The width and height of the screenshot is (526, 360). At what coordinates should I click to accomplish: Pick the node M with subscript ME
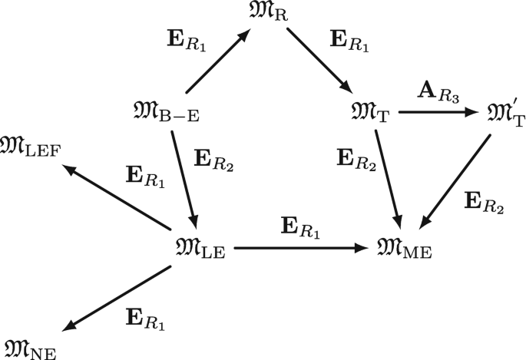(x=406, y=250)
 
